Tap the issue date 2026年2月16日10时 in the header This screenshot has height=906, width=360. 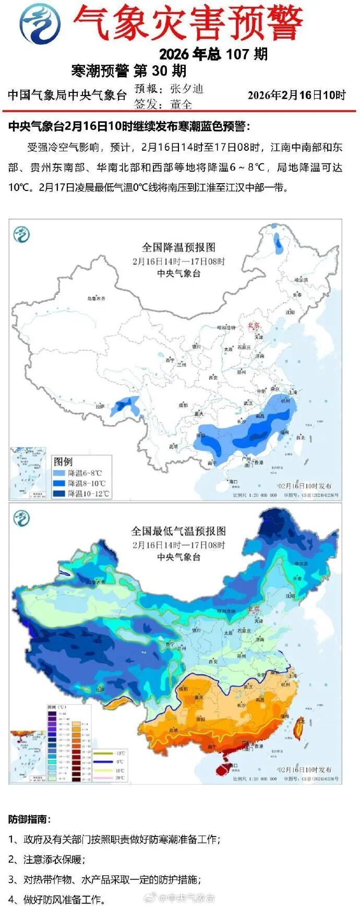coord(296,95)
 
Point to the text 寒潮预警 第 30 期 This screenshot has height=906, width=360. coord(128,70)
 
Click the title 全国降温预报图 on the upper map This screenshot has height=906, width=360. coord(178,247)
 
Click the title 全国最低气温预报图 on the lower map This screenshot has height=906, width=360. coord(178,531)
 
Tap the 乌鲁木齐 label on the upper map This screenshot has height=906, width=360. coord(96,299)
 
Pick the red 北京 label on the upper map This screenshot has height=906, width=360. coord(254,325)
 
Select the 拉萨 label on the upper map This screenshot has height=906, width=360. coord(100,406)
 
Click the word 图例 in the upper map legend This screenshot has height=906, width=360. coord(63,462)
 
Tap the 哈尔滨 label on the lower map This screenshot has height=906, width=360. coord(301,564)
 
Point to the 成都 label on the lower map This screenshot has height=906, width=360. coord(182,689)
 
